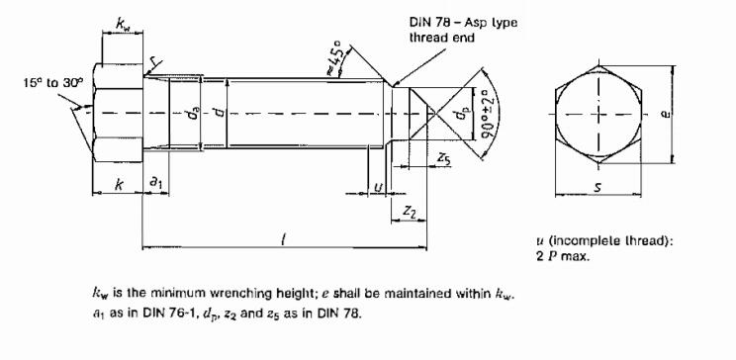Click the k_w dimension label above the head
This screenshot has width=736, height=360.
(x=122, y=24)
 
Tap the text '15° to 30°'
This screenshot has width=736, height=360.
(x=53, y=83)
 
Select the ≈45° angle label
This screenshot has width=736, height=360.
(x=337, y=57)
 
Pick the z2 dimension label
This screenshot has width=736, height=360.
(x=409, y=213)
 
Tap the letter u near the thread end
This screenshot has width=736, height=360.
(x=378, y=187)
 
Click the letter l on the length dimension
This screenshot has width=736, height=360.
(x=283, y=240)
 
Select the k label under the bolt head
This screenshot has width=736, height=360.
(x=120, y=185)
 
